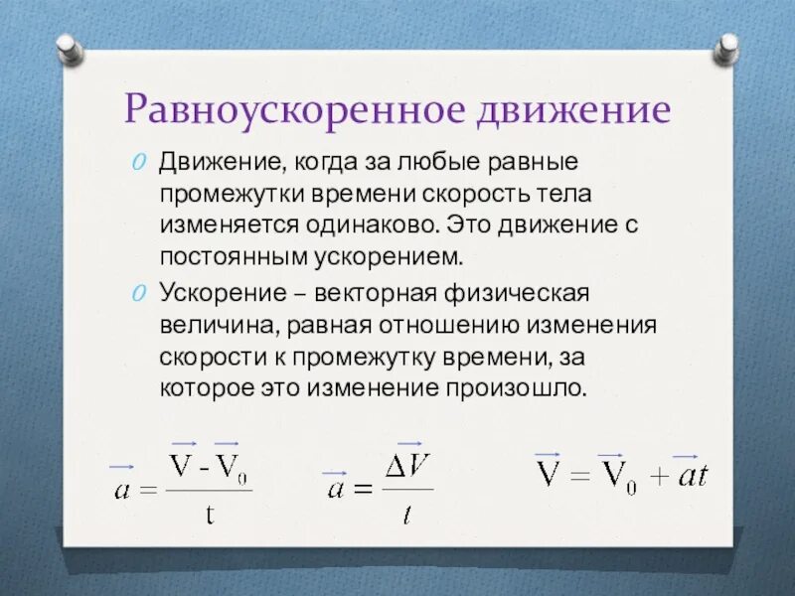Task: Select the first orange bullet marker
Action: coord(140,162)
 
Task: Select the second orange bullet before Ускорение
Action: coord(140,293)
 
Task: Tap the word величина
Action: coord(206,325)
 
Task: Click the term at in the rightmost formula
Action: coord(691,475)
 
